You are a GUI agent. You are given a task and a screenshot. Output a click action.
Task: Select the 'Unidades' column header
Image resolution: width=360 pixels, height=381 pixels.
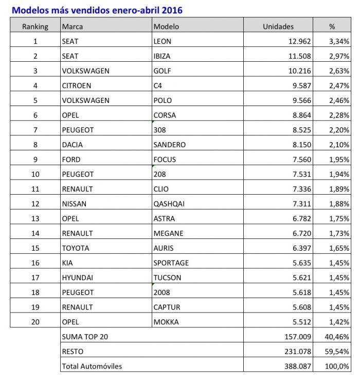(278, 26)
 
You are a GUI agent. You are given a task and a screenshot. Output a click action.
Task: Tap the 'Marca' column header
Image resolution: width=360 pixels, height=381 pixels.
(72, 26)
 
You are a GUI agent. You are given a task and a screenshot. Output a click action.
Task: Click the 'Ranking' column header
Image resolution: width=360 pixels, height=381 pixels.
(35, 26)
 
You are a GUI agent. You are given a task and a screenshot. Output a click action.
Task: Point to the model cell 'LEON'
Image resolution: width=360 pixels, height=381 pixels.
(163, 41)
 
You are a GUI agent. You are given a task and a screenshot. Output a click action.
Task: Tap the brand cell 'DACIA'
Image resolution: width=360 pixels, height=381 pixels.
(72, 145)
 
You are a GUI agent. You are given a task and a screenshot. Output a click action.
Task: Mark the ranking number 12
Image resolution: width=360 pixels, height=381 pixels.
(35, 203)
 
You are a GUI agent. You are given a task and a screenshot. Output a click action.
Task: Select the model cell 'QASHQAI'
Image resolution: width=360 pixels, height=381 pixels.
(169, 203)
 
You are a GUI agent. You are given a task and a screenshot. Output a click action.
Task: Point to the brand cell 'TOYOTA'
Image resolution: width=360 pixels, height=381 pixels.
(75, 248)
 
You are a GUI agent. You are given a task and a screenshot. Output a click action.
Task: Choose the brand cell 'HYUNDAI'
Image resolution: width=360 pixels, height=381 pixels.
(77, 278)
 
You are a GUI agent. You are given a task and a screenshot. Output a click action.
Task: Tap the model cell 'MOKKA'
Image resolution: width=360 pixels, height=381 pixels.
(166, 322)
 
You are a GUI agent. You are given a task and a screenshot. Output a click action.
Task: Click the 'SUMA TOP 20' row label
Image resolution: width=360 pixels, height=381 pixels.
(84, 337)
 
